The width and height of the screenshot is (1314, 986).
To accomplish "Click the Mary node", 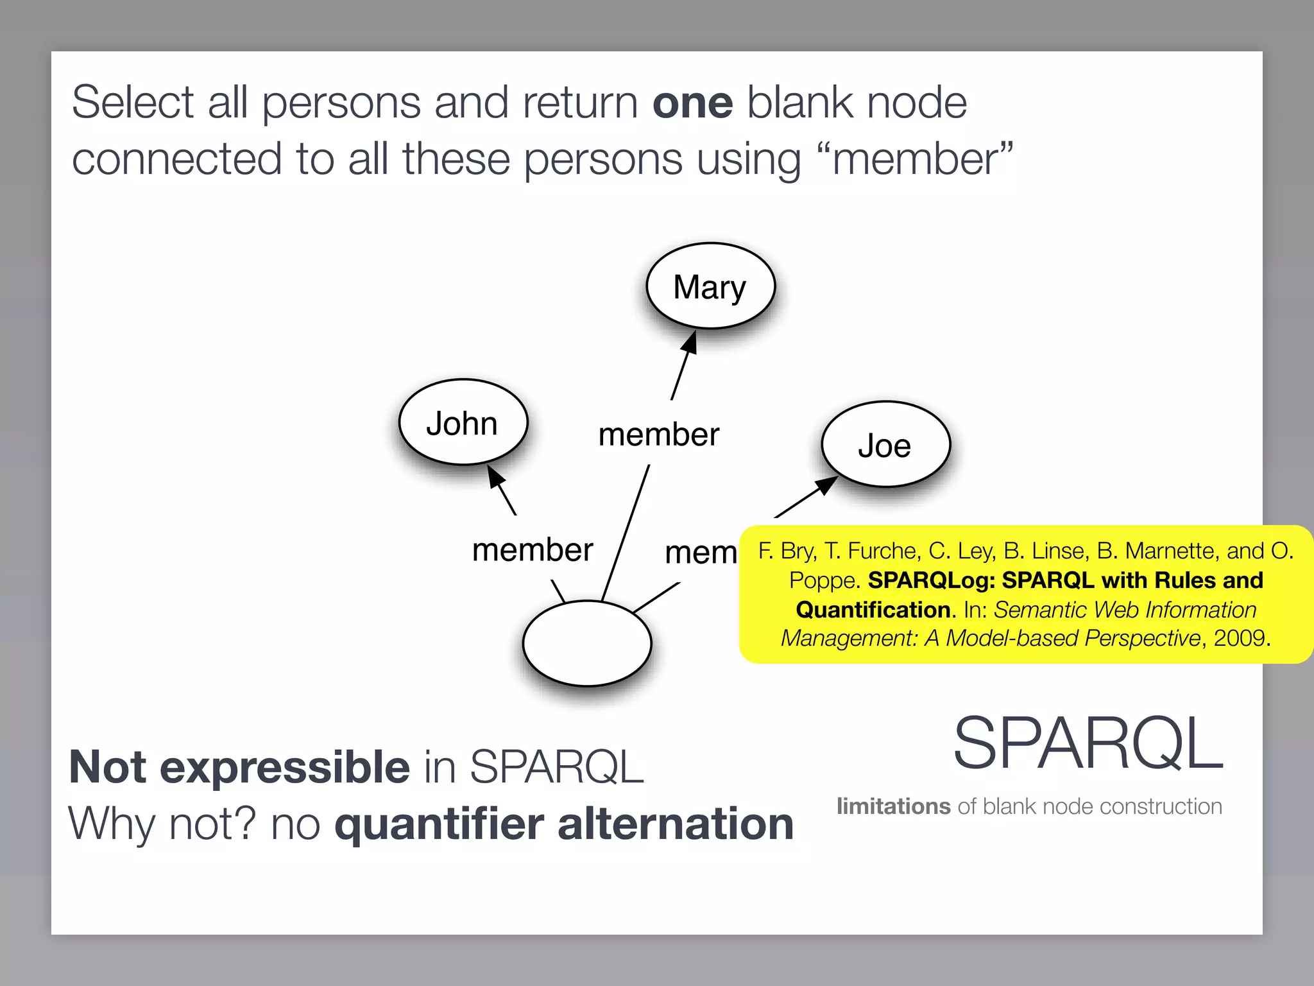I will (710, 286).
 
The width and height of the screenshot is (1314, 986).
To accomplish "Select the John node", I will (463, 423).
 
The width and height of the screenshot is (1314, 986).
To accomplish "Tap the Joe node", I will (885, 445).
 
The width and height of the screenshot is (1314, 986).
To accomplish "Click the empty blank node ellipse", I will (587, 643).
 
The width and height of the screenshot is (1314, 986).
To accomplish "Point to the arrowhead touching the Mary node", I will (690, 342).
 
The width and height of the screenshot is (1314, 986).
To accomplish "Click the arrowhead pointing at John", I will (495, 477).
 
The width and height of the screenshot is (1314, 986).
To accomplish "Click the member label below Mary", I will (658, 435).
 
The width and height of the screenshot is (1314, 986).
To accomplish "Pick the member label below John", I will (532, 550).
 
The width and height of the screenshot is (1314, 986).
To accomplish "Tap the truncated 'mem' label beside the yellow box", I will (701, 553).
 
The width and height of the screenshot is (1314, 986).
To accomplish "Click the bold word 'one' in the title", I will (692, 103).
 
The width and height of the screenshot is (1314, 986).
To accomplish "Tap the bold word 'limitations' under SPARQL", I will (893, 806).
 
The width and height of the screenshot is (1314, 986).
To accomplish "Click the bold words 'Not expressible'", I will (239, 766).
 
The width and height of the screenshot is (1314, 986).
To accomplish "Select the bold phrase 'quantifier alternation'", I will (564, 824).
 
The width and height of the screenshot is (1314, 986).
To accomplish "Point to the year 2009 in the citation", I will (1239, 638).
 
